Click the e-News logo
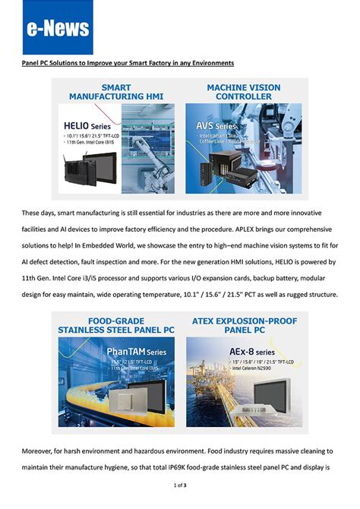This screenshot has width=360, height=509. pyautogui.click(x=58, y=28)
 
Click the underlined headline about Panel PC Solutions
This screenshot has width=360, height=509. pyautogui.click(x=127, y=62)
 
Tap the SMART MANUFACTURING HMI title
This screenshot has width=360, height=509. pyautogui.click(x=116, y=92)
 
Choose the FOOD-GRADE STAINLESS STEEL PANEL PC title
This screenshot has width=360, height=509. pyautogui.click(x=116, y=325)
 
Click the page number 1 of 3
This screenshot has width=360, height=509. pyautogui.click(x=180, y=484)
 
